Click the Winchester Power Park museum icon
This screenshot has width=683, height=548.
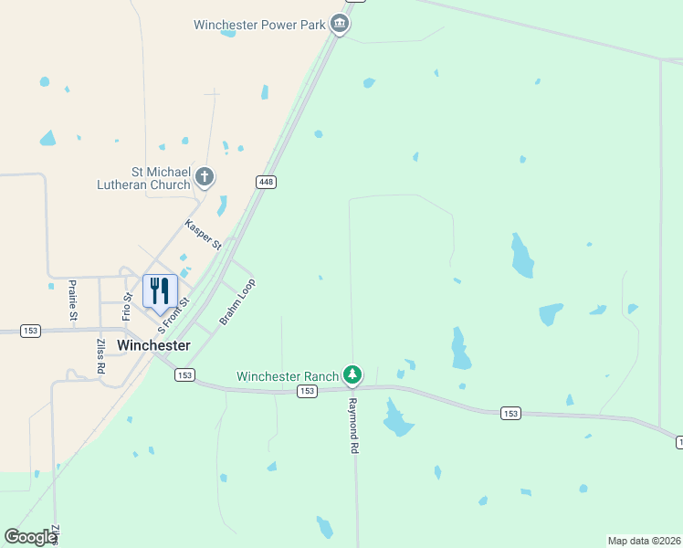[340, 24]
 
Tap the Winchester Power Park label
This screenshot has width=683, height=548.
[260, 25]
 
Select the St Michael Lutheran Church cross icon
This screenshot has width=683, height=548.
[205, 176]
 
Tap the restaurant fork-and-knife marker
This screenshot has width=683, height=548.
[160, 291]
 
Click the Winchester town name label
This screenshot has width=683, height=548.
[154, 345]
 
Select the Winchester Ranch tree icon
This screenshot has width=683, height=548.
[352, 374]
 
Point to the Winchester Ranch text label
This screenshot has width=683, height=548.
[288, 375]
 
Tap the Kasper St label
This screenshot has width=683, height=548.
[203, 235]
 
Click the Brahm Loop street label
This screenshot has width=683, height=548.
[237, 301]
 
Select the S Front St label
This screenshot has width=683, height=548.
[173, 314]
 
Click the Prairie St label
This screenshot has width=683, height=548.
[72, 300]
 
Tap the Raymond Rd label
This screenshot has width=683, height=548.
[352, 425]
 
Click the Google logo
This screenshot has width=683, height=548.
[30, 537]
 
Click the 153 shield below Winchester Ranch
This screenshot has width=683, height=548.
[307, 391]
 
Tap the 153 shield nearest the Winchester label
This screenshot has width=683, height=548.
[185, 374]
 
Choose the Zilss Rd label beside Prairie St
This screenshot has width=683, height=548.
[100, 356]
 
